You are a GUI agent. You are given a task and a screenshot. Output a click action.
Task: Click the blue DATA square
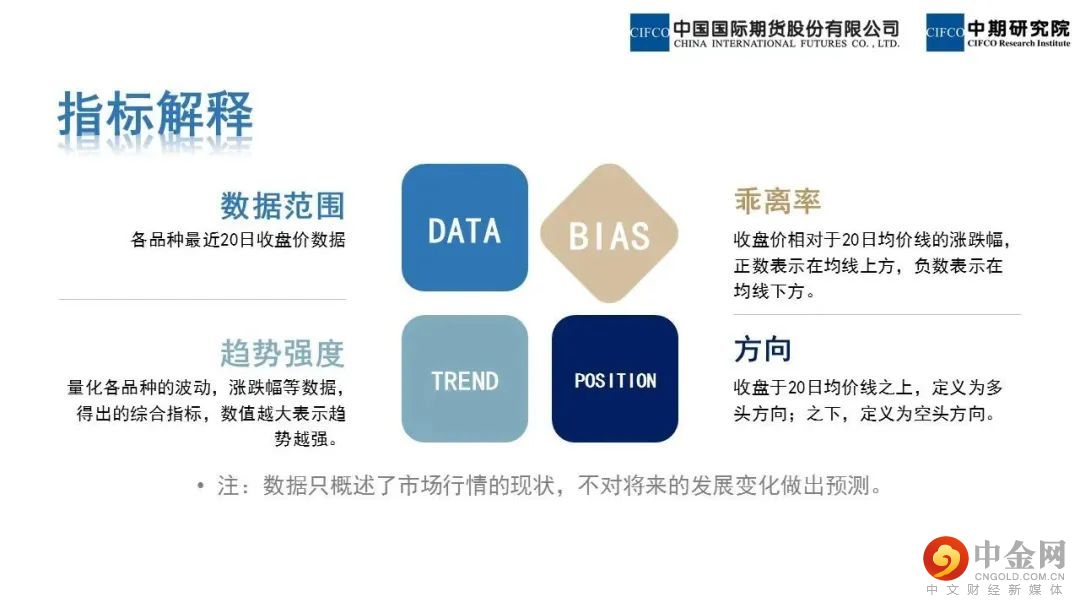click(x=465, y=227)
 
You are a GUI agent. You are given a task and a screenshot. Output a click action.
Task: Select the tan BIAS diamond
click(x=609, y=233)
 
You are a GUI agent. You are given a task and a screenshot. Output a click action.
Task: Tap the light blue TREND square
click(x=465, y=379)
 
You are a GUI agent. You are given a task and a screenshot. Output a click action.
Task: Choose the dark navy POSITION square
click(x=615, y=379)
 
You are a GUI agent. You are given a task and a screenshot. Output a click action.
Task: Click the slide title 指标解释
click(x=156, y=114)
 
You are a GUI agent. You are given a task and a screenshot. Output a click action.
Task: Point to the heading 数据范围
click(x=282, y=205)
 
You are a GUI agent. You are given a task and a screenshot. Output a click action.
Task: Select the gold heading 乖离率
click(x=777, y=200)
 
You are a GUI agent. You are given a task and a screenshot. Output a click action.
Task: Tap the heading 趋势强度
click(x=282, y=353)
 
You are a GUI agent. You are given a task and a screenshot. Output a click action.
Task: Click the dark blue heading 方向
click(x=762, y=349)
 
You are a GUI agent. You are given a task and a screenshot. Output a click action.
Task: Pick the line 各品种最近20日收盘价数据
click(x=238, y=240)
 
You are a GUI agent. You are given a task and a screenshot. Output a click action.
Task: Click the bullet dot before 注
click(x=200, y=486)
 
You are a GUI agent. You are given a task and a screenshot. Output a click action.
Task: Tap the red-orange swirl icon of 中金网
click(x=946, y=558)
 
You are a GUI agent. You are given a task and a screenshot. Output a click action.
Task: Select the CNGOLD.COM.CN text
click(x=1019, y=576)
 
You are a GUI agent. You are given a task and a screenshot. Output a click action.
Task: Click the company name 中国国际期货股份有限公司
click(x=786, y=28)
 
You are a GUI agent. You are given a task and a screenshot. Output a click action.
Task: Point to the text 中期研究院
click(x=1019, y=28)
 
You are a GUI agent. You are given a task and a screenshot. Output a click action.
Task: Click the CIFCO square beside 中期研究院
click(x=945, y=32)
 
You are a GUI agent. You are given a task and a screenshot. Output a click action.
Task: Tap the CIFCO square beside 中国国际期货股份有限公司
click(x=650, y=32)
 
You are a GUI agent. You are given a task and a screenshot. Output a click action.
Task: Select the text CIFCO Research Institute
click(x=1019, y=43)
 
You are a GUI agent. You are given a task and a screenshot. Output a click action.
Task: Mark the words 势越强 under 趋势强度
click(x=301, y=439)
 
